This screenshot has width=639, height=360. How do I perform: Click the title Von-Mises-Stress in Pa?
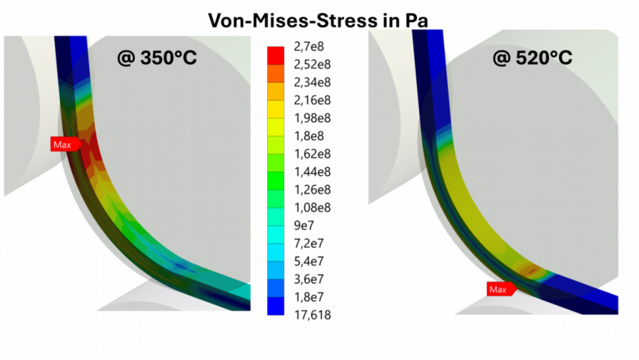point(319,18)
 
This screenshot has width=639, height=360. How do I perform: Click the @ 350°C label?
point(157,56)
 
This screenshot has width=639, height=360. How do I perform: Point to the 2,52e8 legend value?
point(310,64)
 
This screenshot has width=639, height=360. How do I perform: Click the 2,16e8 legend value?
point(310,100)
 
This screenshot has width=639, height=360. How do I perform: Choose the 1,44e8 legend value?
point(310,171)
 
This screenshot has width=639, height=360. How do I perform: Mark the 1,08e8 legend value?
point(310,207)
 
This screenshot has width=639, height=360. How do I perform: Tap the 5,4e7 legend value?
point(307,261)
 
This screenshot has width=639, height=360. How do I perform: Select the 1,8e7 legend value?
point(307,297)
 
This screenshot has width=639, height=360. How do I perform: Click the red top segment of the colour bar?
point(276,55)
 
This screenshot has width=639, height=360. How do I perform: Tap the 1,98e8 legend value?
point(310,118)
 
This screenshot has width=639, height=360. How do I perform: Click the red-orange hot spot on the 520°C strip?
point(529,269)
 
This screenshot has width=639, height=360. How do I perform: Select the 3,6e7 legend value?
point(307,279)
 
